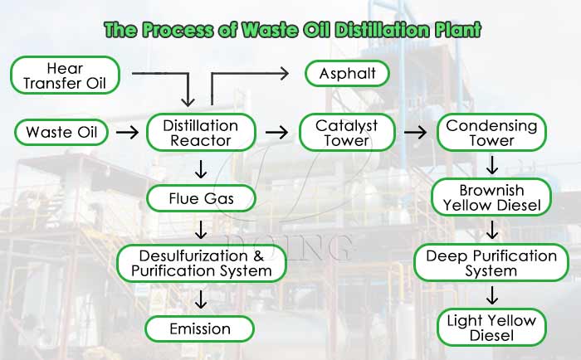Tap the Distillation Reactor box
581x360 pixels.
click(200, 133)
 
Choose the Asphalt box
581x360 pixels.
click(347, 74)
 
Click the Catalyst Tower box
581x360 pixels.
click(347, 133)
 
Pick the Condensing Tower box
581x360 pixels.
click(491, 133)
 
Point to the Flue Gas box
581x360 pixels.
click(200, 198)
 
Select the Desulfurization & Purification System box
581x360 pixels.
click(201, 263)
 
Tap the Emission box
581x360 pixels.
click(200, 328)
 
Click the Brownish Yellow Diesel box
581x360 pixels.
click(491, 197)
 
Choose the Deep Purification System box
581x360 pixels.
click(491, 263)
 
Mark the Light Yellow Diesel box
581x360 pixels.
click(491, 328)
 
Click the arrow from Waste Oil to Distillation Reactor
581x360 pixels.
click(127, 132)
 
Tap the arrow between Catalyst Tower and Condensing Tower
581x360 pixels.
click(415, 132)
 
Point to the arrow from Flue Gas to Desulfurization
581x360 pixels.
click(200, 230)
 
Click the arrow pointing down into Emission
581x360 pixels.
click(200, 296)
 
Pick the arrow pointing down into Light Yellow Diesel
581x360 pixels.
click(491, 295)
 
